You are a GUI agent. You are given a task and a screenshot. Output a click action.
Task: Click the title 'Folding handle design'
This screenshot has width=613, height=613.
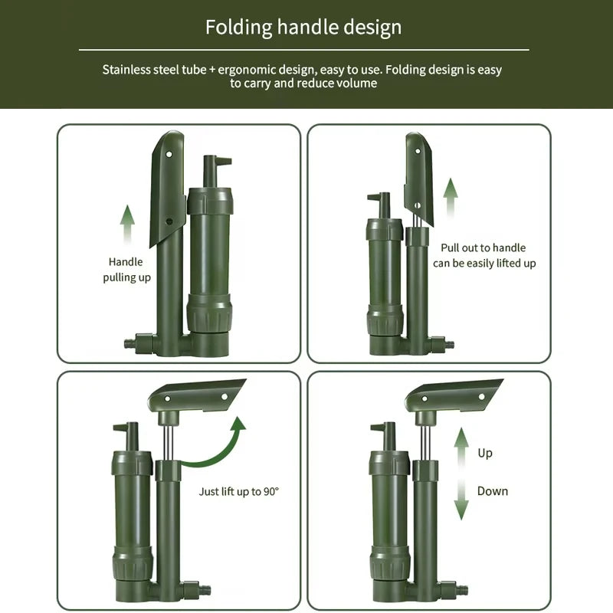point(303,28)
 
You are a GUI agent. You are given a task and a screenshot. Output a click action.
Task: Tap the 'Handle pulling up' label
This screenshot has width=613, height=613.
point(126,270)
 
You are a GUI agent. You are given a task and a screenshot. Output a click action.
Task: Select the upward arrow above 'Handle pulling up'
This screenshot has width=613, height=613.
point(127,225)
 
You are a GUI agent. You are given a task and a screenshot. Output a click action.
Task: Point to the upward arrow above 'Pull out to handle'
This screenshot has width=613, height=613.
point(451,198)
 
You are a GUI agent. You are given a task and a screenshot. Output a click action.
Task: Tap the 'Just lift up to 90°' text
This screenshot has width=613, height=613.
point(239,491)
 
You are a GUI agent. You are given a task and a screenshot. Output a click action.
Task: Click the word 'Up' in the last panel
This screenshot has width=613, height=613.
point(485,453)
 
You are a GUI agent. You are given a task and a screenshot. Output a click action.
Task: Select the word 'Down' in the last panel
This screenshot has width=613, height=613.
point(493,491)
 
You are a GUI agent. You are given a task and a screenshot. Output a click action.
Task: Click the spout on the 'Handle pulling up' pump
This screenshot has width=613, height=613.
point(215,171)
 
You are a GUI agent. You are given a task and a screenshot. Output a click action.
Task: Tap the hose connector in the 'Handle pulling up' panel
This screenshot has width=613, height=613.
point(139,343)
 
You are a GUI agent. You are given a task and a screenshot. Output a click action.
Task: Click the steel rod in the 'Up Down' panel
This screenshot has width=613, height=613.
point(425,443)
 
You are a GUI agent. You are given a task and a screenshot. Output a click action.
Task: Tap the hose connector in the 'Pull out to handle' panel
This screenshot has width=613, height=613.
point(442,344)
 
